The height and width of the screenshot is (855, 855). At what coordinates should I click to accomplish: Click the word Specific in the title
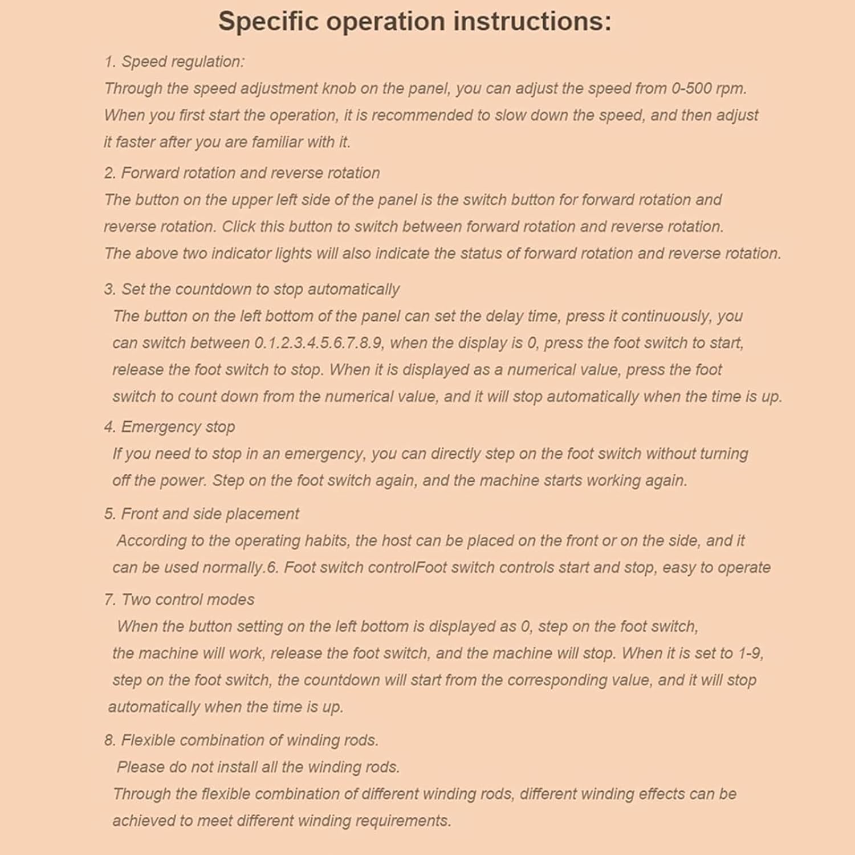pyautogui.click(x=268, y=22)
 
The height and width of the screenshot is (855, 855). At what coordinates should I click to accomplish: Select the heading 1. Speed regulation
pyautogui.click(x=174, y=62)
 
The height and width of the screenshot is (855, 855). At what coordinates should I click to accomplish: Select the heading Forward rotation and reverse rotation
pyautogui.click(x=250, y=173)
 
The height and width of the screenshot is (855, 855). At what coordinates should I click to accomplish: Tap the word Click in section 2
pyautogui.click(x=238, y=226)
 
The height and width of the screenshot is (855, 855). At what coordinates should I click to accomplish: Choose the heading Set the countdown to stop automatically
pyautogui.click(x=260, y=289)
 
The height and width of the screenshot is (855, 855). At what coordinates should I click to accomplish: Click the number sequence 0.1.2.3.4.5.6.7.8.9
pyautogui.click(x=319, y=343)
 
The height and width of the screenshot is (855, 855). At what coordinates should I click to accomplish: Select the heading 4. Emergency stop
pyautogui.click(x=169, y=426)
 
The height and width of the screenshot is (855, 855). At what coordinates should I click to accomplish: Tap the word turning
pyautogui.click(x=723, y=453)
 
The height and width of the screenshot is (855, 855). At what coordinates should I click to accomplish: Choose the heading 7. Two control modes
pyautogui.click(x=179, y=599)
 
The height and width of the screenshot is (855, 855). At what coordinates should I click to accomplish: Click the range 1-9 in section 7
pyautogui.click(x=750, y=653)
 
